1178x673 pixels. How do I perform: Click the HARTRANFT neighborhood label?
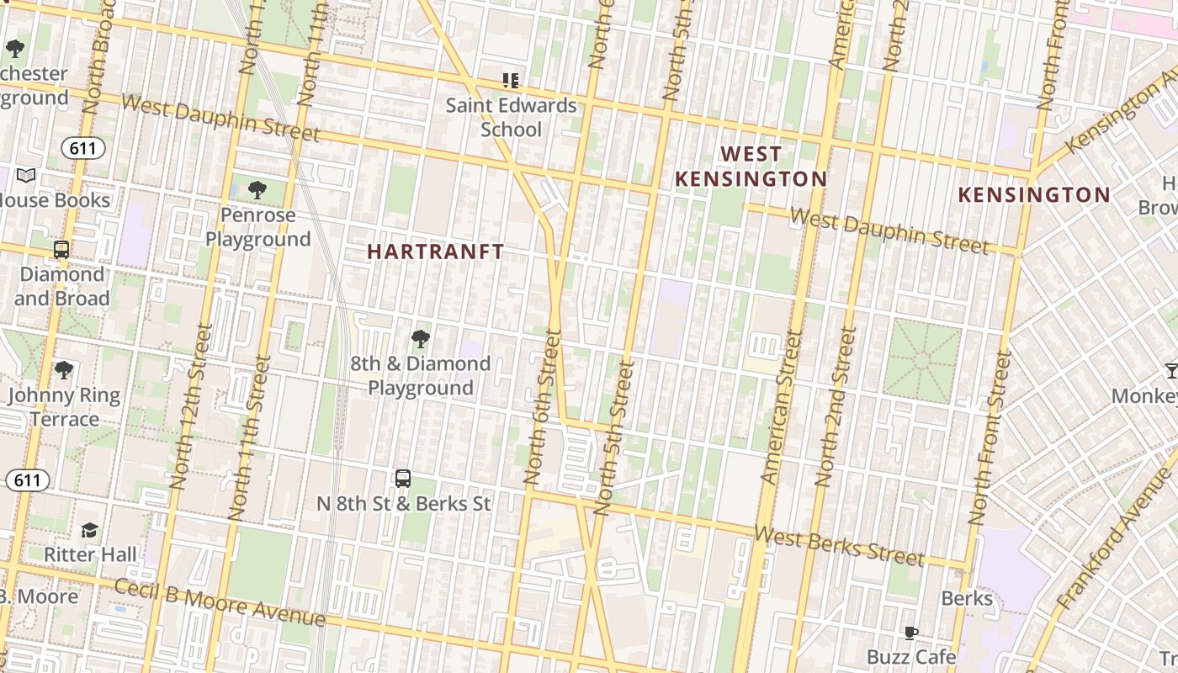click(435, 252)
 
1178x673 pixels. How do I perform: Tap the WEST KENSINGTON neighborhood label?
click(751, 167)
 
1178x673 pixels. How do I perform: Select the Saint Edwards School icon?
click(511, 81)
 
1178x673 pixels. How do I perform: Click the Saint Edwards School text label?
click(511, 117)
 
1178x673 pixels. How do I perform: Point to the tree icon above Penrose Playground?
click(257, 190)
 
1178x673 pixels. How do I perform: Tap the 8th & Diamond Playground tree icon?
click(420, 340)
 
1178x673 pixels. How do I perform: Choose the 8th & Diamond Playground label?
click(420, 375)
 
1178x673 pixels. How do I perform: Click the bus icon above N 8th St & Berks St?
click(403, 479)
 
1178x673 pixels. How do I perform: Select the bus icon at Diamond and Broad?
click(61, 250)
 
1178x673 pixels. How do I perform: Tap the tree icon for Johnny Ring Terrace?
click(63, 370)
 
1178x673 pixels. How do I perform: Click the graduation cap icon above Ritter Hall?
click(89, 530)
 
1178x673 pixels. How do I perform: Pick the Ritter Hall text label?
click(90, 554)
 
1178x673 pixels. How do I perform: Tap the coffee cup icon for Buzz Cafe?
click(910, 633)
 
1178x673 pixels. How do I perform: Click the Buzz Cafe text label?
click(910, 656)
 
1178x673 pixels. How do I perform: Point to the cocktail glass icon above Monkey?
click(1170, 370)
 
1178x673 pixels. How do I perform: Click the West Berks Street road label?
click(839, 546)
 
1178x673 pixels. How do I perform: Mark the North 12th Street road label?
click(191, 408)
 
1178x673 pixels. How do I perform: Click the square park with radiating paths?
click(922, 360)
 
